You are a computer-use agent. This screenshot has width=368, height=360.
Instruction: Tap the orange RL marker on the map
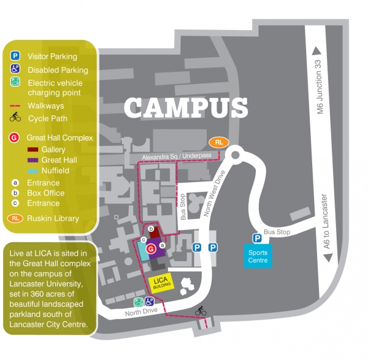coord(219,142)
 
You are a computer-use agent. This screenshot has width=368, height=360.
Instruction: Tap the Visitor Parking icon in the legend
coord(15,56)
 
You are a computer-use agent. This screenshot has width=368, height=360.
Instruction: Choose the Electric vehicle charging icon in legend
coord(15,82)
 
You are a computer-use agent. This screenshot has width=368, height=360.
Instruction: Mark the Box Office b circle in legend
coord(15,193)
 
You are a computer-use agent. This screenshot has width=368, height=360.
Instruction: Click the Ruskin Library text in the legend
coord(53,218)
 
